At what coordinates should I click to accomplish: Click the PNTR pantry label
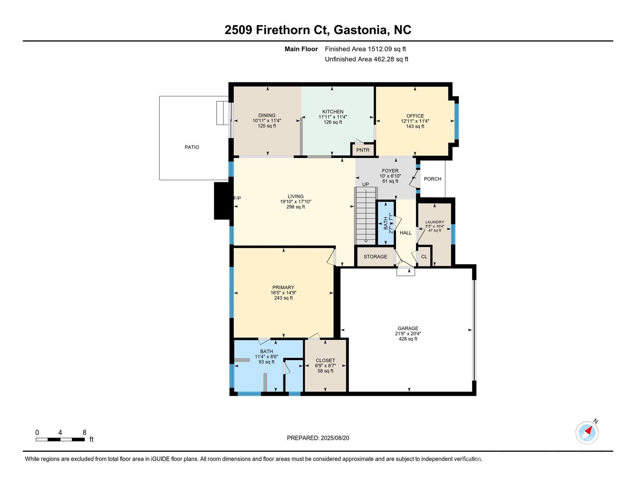[363, 150]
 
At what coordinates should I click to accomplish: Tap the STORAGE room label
[375, 257]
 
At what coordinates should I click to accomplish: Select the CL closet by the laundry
[424, 257]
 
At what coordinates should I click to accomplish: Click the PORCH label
[433, 179]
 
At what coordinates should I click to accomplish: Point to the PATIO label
[192, 147]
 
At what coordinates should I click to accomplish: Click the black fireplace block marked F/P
[222, 201]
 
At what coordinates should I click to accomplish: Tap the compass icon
[587, 433]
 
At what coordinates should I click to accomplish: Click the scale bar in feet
[60, 440]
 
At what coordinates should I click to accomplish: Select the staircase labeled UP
[366, 216]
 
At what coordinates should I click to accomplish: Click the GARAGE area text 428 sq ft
[408, 339]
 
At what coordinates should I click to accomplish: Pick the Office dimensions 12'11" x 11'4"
[415, 121]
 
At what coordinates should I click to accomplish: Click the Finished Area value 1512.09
[380, 49]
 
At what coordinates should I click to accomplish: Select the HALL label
[406, 233]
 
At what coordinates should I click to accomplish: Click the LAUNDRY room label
[435, 222]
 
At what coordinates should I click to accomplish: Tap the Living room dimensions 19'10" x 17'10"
[296, 202]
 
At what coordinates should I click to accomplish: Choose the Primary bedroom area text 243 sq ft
[283, 298]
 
